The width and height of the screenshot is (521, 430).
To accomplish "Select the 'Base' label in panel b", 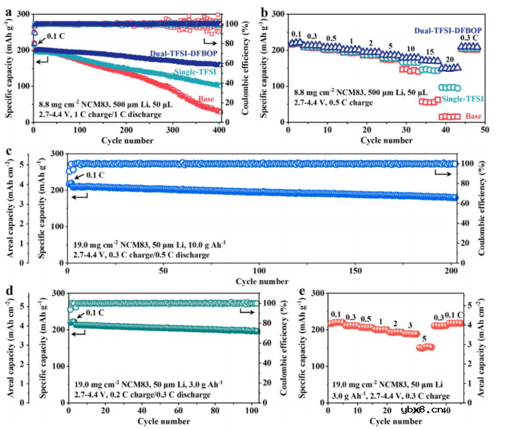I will pyautogui.click(x=474, y=116).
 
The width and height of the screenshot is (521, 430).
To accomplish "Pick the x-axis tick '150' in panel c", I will pyautogui.click(x=358, y=271).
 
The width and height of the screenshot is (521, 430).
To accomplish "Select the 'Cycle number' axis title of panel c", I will pyautogui.click(x=264, y=281).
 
